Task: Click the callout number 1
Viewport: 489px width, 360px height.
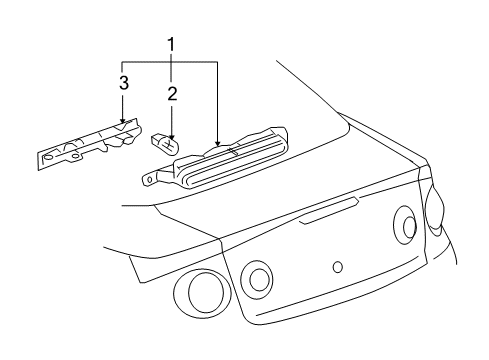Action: (x=171, y=45)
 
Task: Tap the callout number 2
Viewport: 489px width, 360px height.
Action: (x=171, y=95)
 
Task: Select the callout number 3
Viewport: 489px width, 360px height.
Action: (x=122, y=84)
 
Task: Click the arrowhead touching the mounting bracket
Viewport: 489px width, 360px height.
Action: (x=122, y=123)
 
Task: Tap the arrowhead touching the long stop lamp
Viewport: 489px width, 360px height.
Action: (x=217, y=147)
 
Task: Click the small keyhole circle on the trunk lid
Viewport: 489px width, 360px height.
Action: (x=337, y=266)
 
